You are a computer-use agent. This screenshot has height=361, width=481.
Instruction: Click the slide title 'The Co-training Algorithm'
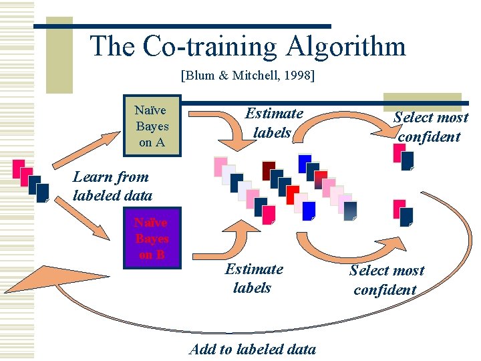click(247, 47)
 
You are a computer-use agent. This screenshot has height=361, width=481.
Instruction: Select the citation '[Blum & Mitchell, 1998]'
click(247, 76)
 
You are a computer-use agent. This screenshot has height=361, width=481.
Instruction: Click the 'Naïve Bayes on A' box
click(152, 126)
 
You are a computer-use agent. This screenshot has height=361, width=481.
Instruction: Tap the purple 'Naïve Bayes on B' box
click(152, 239)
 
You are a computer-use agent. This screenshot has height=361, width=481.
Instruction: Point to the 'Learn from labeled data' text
click(112, 186)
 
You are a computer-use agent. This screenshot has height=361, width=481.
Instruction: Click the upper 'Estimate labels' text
click(273, 123)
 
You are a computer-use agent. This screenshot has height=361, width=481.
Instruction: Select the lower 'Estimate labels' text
click(253, 278)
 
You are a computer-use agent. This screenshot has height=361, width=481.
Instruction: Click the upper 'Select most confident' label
click(430, 127)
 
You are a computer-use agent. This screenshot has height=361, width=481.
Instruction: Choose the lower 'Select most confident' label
click(386, 280)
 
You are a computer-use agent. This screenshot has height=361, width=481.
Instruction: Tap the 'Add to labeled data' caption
click(253, 348)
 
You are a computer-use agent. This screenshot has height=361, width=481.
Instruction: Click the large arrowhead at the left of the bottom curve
click(50, 280)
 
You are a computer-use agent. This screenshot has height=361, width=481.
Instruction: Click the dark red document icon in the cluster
click(269, 170)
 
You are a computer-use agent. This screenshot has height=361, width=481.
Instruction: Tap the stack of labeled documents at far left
click(30, 180)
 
